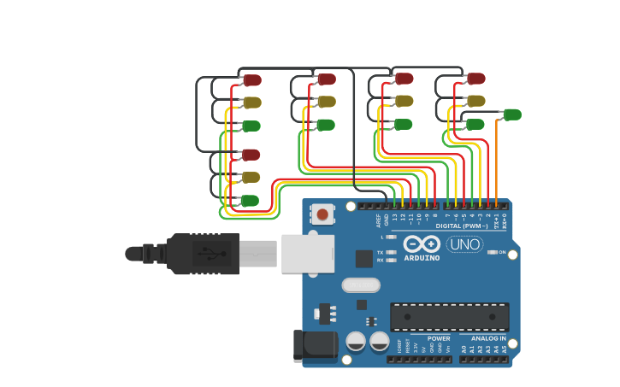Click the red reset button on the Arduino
(322, 214)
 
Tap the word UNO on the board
(465, 244)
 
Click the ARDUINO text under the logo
(422, 257)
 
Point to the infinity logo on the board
(422, 243)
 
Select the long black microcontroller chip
(450, 316)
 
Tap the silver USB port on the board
(307, 254)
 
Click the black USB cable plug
(202, 254)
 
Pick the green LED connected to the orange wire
(511, 114)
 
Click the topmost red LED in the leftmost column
(251, 80)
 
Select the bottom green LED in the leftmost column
(249, 201)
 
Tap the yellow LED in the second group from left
(326, 102)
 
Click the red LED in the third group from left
(404, 79)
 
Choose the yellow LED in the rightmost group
(475, 102)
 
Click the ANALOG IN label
(487, 338)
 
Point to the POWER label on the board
(439, 338)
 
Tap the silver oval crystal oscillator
(360, 284)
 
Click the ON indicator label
(502, 252)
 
